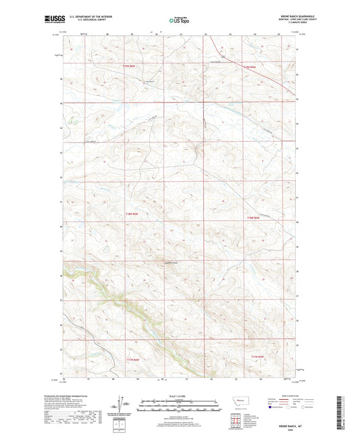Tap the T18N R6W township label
130,215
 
